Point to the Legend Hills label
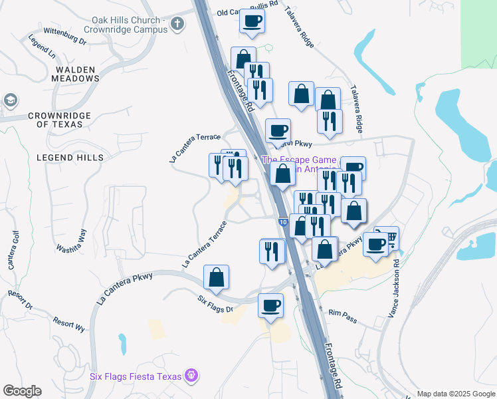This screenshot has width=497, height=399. tap(70, 158)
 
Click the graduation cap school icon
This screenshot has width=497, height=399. tap(10, 100)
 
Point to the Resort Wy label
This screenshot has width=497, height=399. tap(69, 326)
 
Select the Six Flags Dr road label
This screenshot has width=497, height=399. tap(216, 305)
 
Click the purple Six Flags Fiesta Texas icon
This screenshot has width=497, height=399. tap(192, 376)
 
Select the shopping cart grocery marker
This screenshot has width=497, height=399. tap(388, 237)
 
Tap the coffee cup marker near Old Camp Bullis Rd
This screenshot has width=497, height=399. tap(252, 22)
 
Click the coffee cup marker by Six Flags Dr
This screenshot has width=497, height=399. tap(270, 305)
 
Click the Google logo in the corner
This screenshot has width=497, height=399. tap(22, 391)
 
